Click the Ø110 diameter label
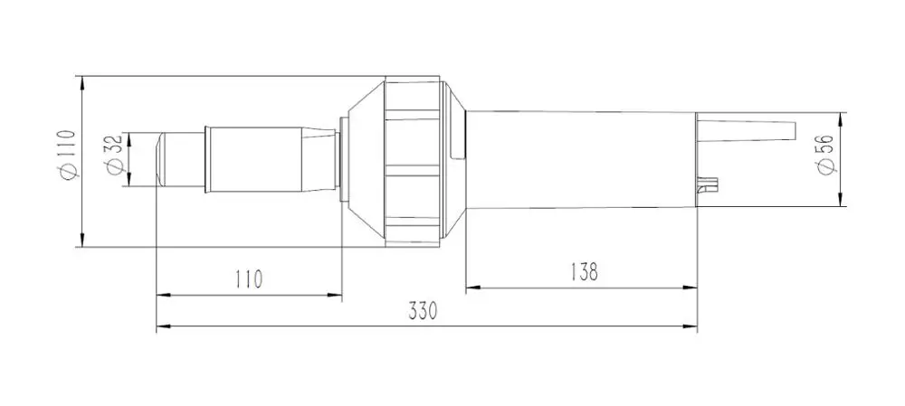pyautogui.click(x=68, y=155)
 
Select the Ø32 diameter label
pyautogui.click(x=113, y=154)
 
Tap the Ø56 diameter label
pyautogui.click(x=826, y=155)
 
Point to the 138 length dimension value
pyautogui.click(x=584, y=271)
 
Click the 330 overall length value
pyautogui.click(x=423, y=311)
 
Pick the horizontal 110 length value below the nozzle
pyautogui.click(x=249, y=279)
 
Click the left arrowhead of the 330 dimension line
pyautogui.click(x=164, y=326)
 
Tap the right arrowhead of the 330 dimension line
pyautogui.click(x=690, y=326)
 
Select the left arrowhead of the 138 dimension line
pyautogui.click(x=473, y=287)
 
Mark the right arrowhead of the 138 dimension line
pyautogui.click(x=690, y=287)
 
